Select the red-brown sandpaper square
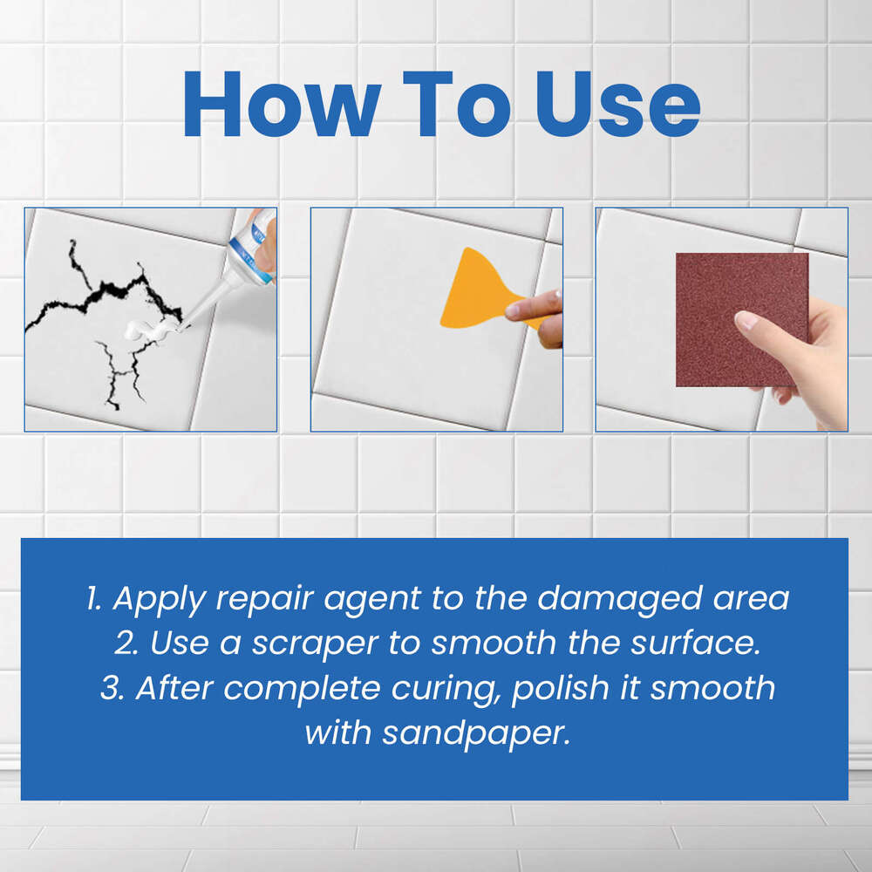pos(741,319)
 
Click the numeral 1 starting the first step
pos(92,599)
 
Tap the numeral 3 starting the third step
pos(110,687)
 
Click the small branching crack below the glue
pos(122,371)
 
